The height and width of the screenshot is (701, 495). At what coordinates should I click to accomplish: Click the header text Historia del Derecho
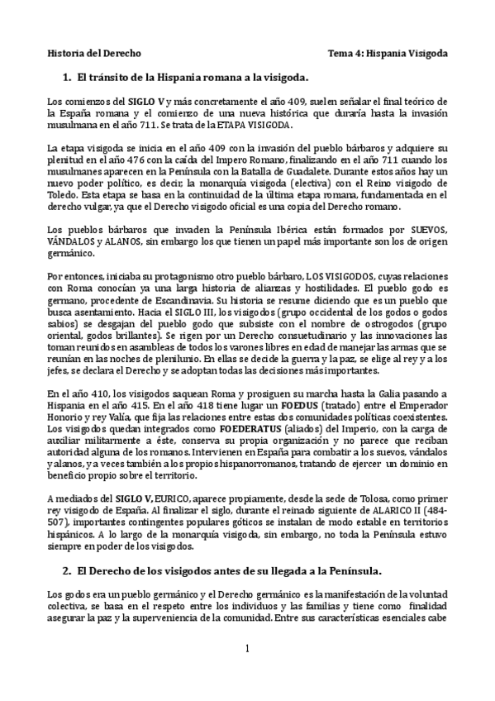click(x=93, y=52)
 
